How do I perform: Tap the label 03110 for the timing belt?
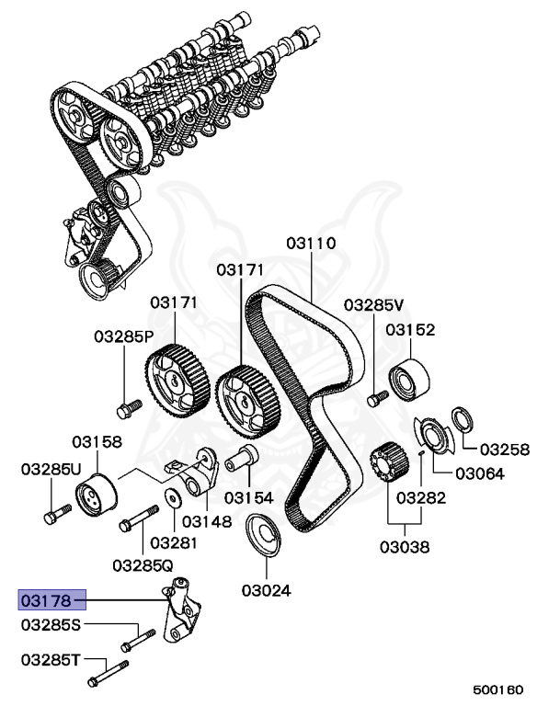tap(311, 244)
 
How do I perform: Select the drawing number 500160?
tap(497, 689)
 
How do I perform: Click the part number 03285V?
tap(374, 304)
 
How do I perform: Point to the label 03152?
tap(410, 329)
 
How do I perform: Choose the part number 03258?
tap(505, 450)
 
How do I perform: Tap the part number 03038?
tap(405, 547)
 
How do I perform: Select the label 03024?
tap(266, 588)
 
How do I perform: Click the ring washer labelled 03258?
tap(463, 420)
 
